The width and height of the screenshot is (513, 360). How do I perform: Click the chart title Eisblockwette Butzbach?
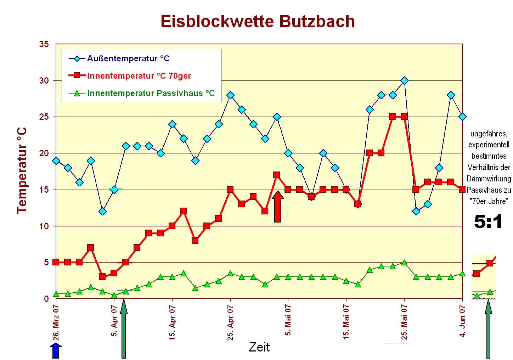[258, 22]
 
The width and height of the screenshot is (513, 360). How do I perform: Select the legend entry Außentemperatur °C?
[128, 58]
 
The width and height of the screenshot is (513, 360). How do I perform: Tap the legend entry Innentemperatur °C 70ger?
[139, 76]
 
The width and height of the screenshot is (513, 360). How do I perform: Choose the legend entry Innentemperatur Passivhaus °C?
[151, 93]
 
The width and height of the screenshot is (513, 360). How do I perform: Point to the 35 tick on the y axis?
[44, 44]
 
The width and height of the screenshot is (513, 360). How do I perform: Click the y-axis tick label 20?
[44, 153]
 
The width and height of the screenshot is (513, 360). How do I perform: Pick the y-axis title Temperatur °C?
[22, 170]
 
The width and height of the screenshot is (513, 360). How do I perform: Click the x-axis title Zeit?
[259, 347]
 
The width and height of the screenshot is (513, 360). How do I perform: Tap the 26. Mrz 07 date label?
[56, 322]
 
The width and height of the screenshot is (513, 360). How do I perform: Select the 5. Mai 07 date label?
[288, 320]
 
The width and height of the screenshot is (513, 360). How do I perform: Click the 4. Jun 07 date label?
[462, 321]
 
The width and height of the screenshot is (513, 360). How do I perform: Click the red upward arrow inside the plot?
[278, 207]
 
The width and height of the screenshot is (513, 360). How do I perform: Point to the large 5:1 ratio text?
[488, 222]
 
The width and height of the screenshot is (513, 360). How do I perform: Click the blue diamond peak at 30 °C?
[404, 81]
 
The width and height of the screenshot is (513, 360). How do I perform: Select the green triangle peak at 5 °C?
[404, 263]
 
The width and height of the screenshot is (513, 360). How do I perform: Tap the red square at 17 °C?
[277, 175]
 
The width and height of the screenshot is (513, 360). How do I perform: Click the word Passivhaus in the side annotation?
[479, 190]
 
